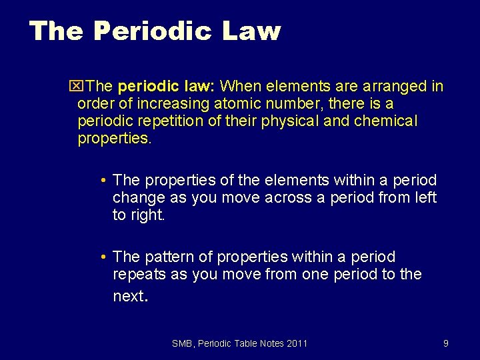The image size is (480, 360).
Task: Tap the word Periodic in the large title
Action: [143, 31]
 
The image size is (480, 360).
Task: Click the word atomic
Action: [237, 104]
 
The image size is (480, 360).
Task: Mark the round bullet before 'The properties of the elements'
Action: [105, 181]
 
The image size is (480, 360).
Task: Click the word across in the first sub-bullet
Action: [289, 198]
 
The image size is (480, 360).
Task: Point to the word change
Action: [137, 198]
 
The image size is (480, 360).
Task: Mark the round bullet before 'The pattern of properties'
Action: [105, 257]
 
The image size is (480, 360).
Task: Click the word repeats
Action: [139, 274]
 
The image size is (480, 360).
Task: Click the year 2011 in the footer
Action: [297, 343]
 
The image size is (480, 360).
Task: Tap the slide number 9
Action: [445, 343]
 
